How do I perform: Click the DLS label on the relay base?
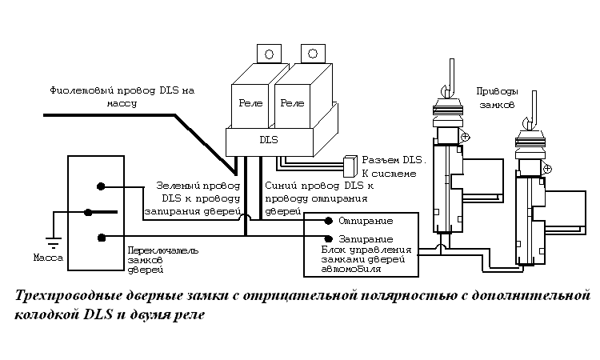[269, 140]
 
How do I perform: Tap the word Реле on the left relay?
[250, 103]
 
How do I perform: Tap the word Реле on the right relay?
[292, 103]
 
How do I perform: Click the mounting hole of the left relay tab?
[269, 54]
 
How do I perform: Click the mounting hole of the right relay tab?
[313, 54]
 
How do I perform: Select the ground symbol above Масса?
[53, 242]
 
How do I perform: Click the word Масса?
[48, 258]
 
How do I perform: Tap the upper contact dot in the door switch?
[101, 186]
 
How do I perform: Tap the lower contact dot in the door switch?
[101, 238]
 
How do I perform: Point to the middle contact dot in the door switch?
[88, 212]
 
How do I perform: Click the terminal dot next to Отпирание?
[328, 221]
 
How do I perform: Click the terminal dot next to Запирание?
[328, 238]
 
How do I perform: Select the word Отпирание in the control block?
[366, 221]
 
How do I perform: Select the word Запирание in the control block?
[366, 239]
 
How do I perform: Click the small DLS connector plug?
[350, 166]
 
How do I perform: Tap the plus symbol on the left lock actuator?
[465, 136]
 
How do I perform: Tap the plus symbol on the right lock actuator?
[547, 169]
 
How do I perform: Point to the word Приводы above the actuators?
[497, 92]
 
